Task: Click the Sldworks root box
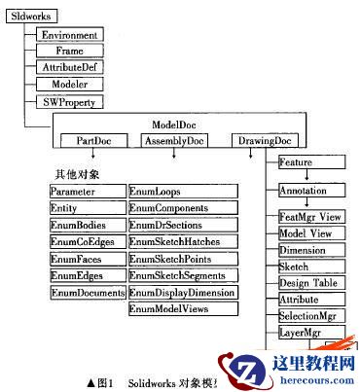click(x=29, y=17)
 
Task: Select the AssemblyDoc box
click(x=173, y=141)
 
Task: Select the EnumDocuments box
click(x=89, y=292)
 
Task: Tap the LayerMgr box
click(x=302, y=334)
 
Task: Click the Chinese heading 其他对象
click(x=79, y=174)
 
